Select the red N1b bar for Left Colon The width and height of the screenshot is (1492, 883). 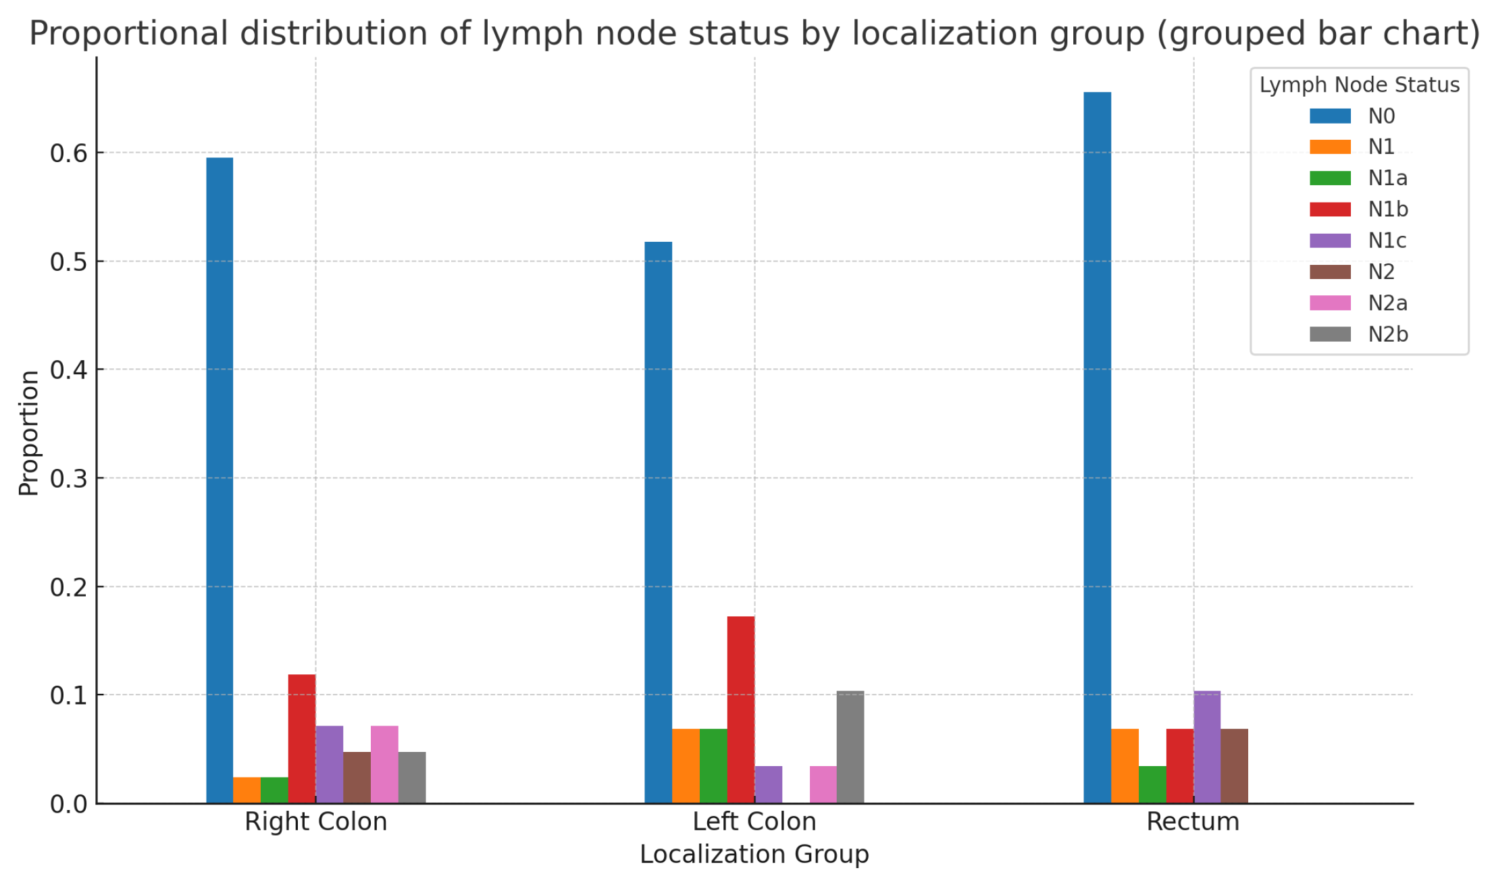(x=740, y=709)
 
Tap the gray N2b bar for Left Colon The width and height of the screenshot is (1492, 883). (x=850, y=747)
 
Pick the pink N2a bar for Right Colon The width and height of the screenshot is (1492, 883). (x=384, y=764)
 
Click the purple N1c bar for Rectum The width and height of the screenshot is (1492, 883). (x=1207, y=747)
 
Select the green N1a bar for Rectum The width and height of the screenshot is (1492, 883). (x=1152, y=784)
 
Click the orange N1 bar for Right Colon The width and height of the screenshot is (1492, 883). (x=247, y=790)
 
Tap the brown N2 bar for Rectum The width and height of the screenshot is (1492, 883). (x=1234, y=765)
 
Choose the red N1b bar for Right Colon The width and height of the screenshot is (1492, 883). (x=302, y=738)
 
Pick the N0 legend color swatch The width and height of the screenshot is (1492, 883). (x=1330, y=116)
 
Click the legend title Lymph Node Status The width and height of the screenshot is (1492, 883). (x=1359, y=85)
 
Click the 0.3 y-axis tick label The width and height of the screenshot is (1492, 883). (x=69, y=479)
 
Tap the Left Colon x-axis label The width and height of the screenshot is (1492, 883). (x=754, y=822)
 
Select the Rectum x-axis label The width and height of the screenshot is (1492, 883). (x=1193, y=822)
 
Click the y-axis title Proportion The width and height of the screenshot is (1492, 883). (x=29, y=432)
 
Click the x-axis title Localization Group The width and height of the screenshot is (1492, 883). (x=754, y=855)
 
